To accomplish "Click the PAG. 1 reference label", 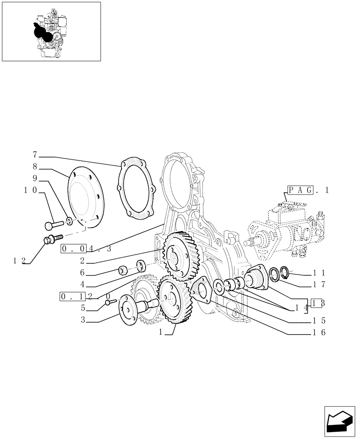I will pyautogui.click(x=308, y=191).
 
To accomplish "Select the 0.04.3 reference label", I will pyautogui.click(x=86, y=248).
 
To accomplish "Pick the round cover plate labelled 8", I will pyautogui.click(x=85, y=199).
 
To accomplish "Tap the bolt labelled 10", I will pyautogui.click(x=52, y=225).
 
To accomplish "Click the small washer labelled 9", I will pyautogui.click(x=70, y=220).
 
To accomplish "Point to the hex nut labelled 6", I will pyautogui.click(x=124, y=269).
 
